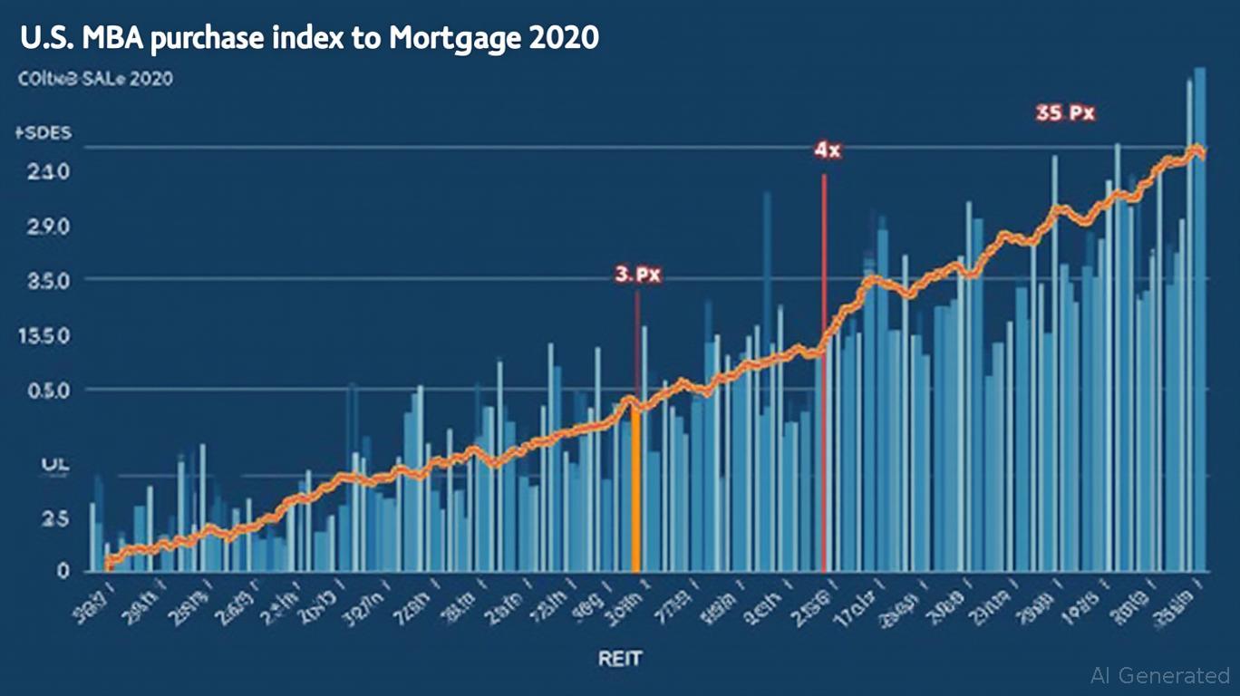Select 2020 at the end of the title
[x=566, y=39]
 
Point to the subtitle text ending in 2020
[x=95, y=80]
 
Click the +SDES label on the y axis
[x=43, y=133]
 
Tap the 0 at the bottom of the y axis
[x=63, y=571]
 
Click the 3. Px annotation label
[x=637, y=275]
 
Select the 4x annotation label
[x=827, y=151]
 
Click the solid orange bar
[x=636, y=489]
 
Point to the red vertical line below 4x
[x=823, y=362]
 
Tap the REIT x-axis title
[x=620, y=657]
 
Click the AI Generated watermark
[x=1160, y=675]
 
